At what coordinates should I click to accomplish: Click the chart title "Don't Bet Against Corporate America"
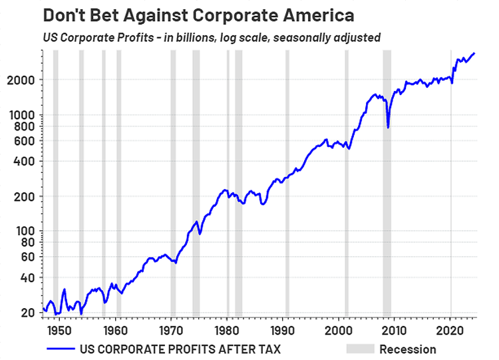click(x=199, y=15)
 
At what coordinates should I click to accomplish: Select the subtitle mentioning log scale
click(x=212, y=37)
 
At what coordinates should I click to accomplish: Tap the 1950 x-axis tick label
click(x=59, y=329)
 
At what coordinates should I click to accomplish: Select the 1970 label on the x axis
click(x=170, y=329)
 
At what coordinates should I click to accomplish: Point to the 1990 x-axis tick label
click(x=282, y=329)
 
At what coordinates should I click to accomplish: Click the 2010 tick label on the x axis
click(x=394, y=329)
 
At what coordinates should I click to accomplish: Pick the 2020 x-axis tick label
click(x=450, y=329)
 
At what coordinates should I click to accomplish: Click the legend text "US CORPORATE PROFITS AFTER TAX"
click(x=180, y=349)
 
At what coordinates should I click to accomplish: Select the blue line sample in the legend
click(x=61, y=349)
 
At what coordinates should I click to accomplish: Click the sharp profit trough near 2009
click(x=388, y=127)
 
